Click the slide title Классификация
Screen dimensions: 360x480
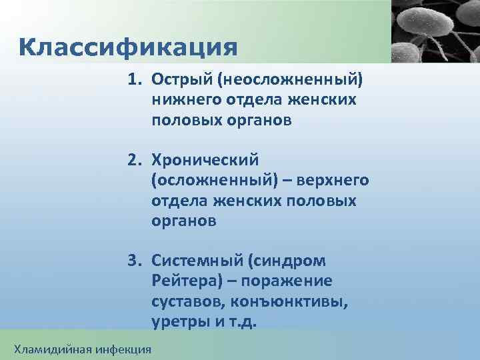tap(128, 47)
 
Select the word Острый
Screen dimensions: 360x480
tap(179, 81)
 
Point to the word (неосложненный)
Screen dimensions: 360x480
tap(286, 81)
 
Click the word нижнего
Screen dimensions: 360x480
tap(181, 101)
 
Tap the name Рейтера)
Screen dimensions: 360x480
tap(183, 281)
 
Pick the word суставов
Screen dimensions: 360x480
tap(187, 301)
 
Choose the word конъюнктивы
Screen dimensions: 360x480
tap(288, 301)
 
